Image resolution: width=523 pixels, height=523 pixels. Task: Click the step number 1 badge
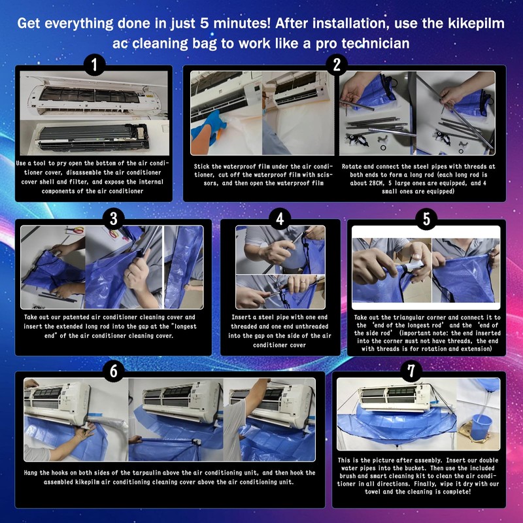pos(94,65)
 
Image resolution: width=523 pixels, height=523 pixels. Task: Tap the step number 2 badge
pos(337,65)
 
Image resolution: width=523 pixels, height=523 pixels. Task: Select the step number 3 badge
pos(113,219)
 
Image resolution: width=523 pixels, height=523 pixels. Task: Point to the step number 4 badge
pos(280,219)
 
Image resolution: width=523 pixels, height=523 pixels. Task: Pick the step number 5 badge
pos(426,219)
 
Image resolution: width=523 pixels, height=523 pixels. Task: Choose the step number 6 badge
pos(113,371)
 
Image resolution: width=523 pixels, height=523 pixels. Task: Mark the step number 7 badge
pos(411,371)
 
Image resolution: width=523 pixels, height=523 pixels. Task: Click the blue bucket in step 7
pos(481,427)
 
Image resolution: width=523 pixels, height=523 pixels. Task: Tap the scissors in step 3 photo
pos(76,230)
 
